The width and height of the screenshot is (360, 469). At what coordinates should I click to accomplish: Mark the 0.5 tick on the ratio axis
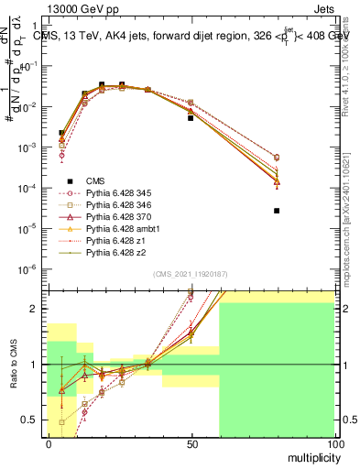30,420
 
